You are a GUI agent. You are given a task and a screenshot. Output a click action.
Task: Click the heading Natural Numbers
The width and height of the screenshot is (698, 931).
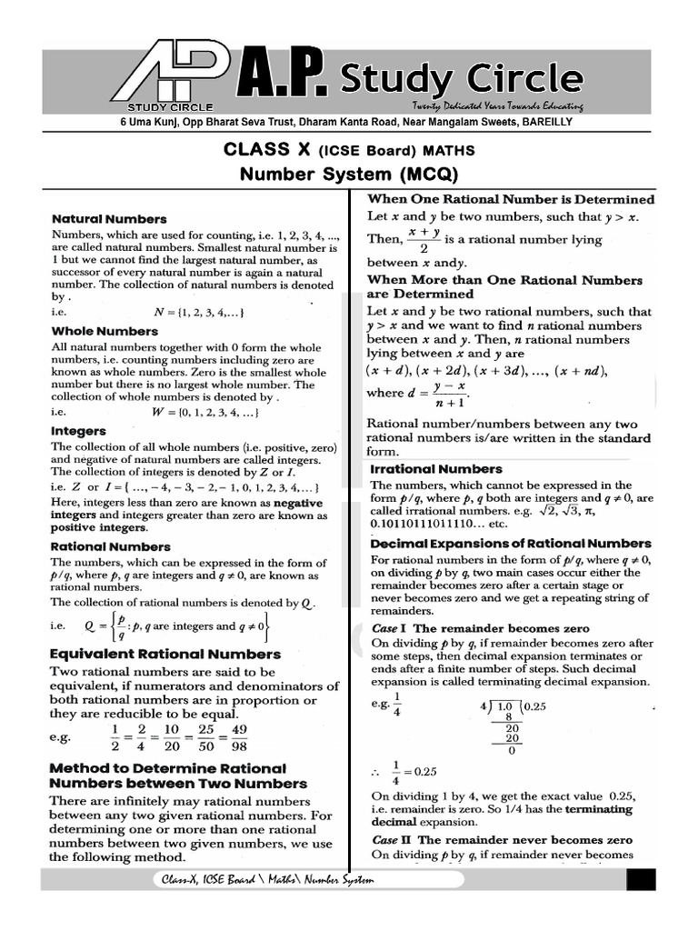(109, 219)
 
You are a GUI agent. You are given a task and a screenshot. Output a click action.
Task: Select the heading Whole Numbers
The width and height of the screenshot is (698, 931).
(105, 332)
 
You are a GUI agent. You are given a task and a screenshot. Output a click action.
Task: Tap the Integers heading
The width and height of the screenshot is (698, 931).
(78, 431)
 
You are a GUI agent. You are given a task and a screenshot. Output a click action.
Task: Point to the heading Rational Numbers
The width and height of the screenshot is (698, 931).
(110, 546)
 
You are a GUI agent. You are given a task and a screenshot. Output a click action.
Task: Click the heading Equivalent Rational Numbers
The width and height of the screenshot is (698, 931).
(165, 654)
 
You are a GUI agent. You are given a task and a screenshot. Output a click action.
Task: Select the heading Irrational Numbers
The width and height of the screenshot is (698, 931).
(435, 469)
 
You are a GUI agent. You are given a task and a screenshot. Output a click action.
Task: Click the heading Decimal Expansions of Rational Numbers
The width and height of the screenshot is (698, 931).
(510, 544)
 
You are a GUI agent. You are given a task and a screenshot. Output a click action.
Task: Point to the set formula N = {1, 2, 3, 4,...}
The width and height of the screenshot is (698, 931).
(199, 312)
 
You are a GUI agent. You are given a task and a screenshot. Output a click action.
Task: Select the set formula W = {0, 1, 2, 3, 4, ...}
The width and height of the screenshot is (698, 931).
(206, 412)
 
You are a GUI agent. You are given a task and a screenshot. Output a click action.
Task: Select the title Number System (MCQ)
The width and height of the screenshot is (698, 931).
(349, 174)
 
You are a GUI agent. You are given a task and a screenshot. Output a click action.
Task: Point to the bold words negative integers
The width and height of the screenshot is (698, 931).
(297, 502)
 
